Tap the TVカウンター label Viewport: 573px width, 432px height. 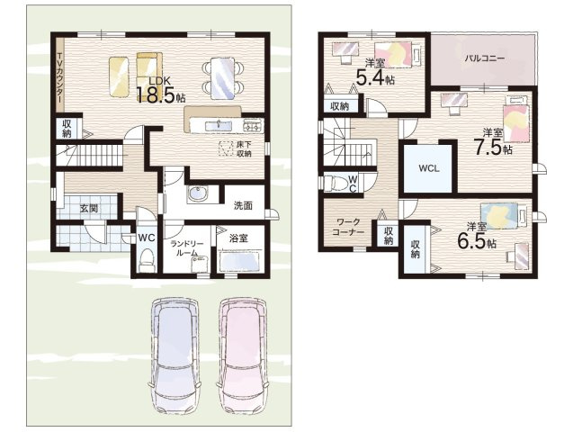pyautogui.click(x=60, y=78)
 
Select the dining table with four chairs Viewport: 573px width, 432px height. pyautogui.click(x=223, y=78)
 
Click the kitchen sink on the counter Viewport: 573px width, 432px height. pyautogui.click(x=219, y=126)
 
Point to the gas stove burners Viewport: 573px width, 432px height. pyautogui.click(x=253, y=126)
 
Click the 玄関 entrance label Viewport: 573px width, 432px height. pyautogui.click(x=89, y=209)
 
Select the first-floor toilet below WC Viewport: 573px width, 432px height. pyautogui.click(x=147, y=259)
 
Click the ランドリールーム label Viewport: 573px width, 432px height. pyautogui.click(x=184, y=248)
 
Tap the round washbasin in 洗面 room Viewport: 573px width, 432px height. pyautogui.click(x=198, y=193)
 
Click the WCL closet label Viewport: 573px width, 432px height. pyautogui.click(x=429, y=169)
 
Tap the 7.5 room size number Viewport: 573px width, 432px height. pyautogui.click(x=488, y=147)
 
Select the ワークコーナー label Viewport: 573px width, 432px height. pyautogui.click(x=348, y=227)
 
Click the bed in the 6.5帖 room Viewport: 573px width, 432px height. pyautogui.click(x=505, y=216)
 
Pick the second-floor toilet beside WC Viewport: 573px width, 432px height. pyautogui.click(x=336, y=183)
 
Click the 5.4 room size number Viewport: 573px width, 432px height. pyautogui.click(x=370, y=77)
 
